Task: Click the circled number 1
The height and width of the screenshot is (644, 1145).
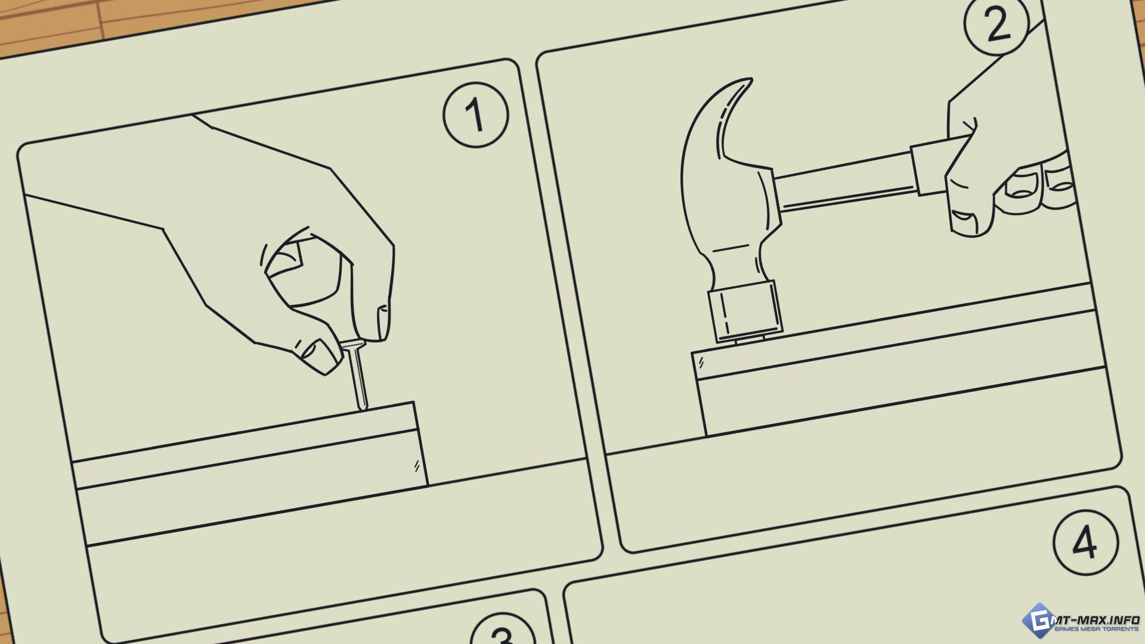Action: click(475, 114)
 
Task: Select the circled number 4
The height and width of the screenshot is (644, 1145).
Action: click(1085, 542)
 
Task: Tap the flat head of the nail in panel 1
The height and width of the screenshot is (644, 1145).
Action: click(352, 345)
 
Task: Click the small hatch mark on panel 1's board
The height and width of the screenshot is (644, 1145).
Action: click(417, 466)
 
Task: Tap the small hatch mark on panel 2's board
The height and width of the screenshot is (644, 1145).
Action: click(701, 361)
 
